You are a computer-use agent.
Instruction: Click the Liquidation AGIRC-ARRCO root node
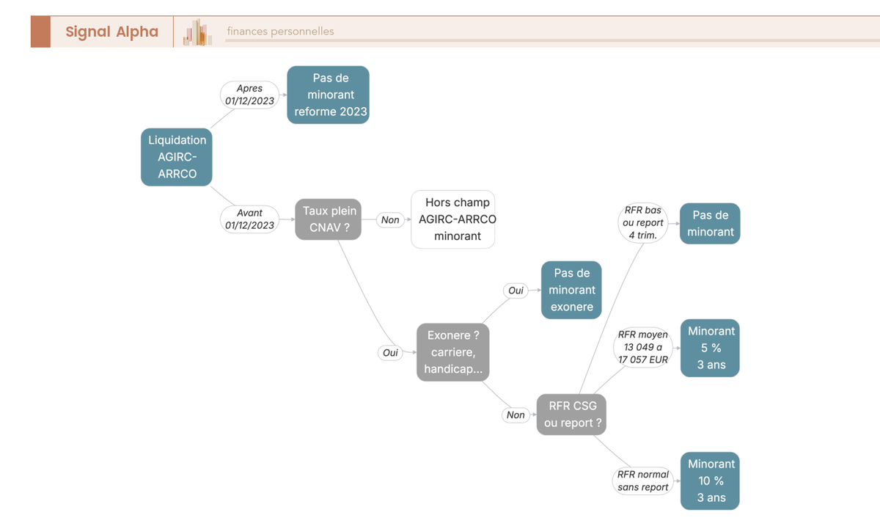tap(177, 157)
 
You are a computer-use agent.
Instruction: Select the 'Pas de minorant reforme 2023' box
tap(328, 95)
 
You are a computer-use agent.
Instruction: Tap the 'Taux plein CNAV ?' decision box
tap(328, 219)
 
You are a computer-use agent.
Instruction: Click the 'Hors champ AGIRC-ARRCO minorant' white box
tap(453, 219)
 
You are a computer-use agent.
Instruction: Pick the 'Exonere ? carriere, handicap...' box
tap(453, 352)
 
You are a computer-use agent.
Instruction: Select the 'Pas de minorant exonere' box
tap(571, 290)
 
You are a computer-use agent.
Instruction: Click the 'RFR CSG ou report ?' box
tap(571, 415)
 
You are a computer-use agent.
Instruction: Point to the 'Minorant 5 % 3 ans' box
tap(710, 348)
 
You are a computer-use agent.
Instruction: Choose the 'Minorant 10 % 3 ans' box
tap(710, 481)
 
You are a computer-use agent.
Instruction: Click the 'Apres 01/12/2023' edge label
tap(249, 95)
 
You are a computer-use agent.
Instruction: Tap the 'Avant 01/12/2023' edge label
tap(249, 219)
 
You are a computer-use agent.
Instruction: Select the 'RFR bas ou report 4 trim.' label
tap(642, 223)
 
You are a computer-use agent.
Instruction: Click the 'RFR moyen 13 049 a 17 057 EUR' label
tap(642, 348)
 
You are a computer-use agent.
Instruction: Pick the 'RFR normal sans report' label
tap(642, 481)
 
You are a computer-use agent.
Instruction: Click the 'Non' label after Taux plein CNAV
tap(390, 219)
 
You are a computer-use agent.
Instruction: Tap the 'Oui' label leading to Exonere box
tap(390, 352)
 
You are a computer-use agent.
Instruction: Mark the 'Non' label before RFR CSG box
tap(516, 415)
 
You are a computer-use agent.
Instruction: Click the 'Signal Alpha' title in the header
tap(111, 32)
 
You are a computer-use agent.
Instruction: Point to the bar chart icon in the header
tap(197, 32)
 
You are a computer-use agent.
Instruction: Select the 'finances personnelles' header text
tap(280, 32)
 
